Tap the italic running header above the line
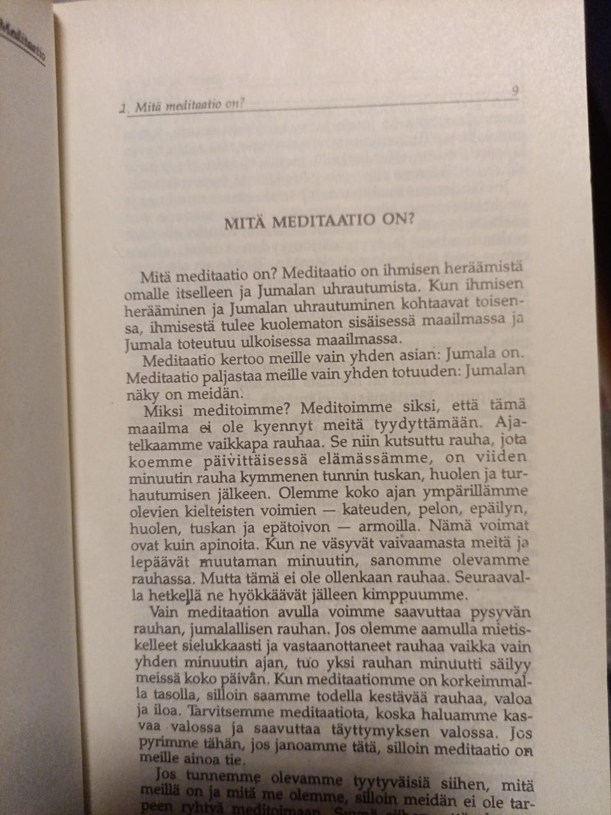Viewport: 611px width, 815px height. click(x=184, y=106)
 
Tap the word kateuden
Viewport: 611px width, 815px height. click(x=378, y=510)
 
